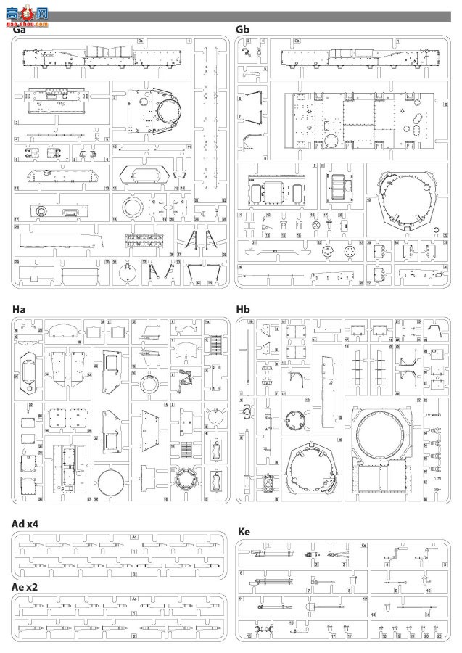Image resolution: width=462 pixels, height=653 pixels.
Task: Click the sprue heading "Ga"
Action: tap(20, 30)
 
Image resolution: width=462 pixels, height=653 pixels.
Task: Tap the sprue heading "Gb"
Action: tap(244, 30)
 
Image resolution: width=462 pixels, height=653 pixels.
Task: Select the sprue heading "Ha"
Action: tap(20, 310)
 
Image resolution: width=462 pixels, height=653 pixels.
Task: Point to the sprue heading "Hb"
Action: tap(244, 310)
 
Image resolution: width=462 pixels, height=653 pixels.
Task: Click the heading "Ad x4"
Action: tap(28, 524)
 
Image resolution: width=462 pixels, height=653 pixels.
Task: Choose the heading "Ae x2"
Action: tap(27, 586)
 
